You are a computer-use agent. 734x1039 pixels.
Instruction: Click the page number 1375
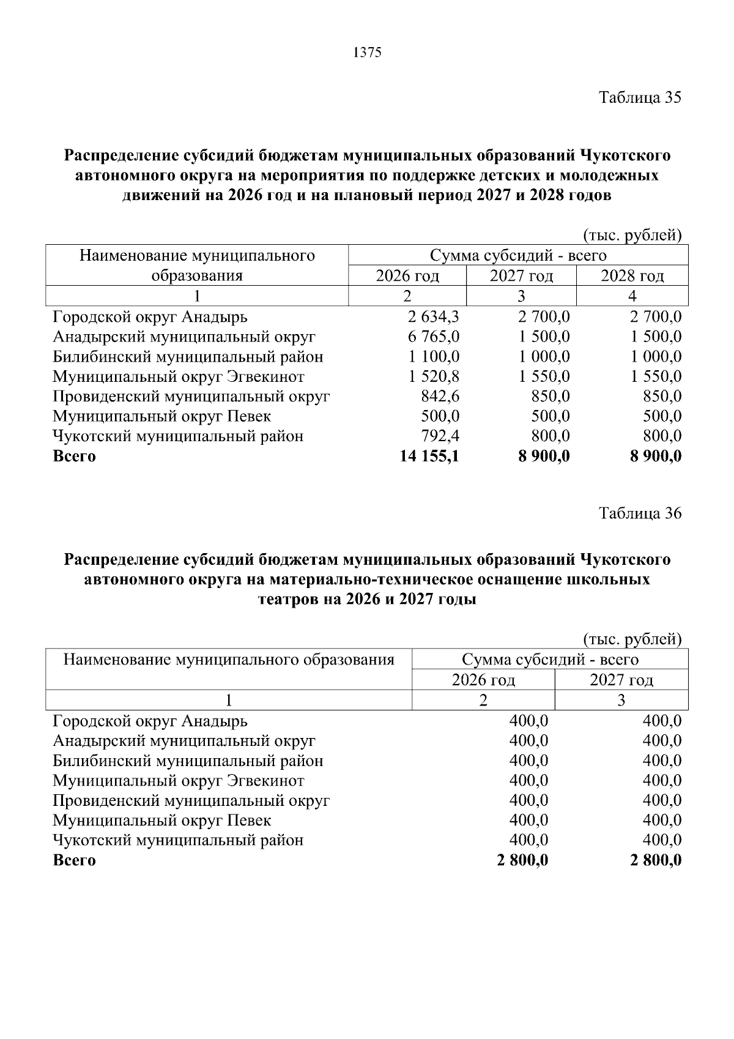tap(367, 53)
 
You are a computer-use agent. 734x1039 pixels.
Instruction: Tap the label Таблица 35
tap(639, 97)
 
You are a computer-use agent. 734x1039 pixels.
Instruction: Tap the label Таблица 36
tap(639, 513)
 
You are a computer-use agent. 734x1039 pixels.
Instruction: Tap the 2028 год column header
tap(632, 276)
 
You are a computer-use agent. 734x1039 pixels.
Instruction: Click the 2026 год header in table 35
tap(407, 276)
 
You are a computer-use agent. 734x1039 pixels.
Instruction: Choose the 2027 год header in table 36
tap(621, 680)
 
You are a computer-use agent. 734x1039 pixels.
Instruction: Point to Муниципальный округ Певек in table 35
tap(161, 416)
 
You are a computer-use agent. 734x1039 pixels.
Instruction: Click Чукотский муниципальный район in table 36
tap(178, 840)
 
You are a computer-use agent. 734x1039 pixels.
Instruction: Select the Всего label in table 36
tap(74, 860)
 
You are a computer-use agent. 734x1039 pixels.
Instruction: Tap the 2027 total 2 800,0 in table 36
tap(655, 860)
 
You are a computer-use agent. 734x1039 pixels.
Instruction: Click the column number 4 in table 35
tap(632, 296)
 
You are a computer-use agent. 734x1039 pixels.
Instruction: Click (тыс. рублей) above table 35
tap(632, 235)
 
